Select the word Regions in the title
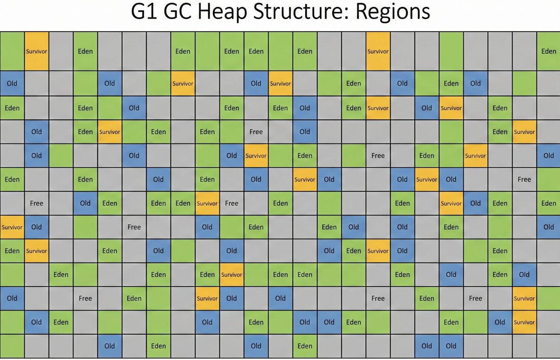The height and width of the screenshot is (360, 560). pyautogui.click(x=393, y=12)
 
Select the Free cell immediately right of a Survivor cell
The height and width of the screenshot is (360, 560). pyautogui.click(x=231, y=203)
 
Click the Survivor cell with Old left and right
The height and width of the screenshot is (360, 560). pyautogui.click(x=427, y=179)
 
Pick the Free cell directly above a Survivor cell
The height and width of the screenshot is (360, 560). pyautogui.click(x=256, y=132)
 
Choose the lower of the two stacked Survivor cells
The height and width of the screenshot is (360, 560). pyautogui.click(x=524, y=322)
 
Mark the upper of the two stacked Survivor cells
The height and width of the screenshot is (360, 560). pyautogui.click(x=524, y=298)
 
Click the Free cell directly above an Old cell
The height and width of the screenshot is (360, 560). pyautogui.click(x=36, y=203)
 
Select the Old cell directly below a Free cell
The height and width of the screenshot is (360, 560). pyautogui.click(x=36, y=227)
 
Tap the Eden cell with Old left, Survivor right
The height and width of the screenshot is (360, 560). pyautogui.click(x=353, y=251)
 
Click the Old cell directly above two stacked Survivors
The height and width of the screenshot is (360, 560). pyautogui.click(x=524, y=274)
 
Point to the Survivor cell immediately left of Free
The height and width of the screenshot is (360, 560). pyautogui.click(x=207, y=203)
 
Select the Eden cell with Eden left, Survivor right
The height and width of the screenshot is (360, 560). pyautogui.click(x=183, y=203)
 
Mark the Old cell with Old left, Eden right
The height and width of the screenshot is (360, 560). pyautogui.click(x=329, y=322)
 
